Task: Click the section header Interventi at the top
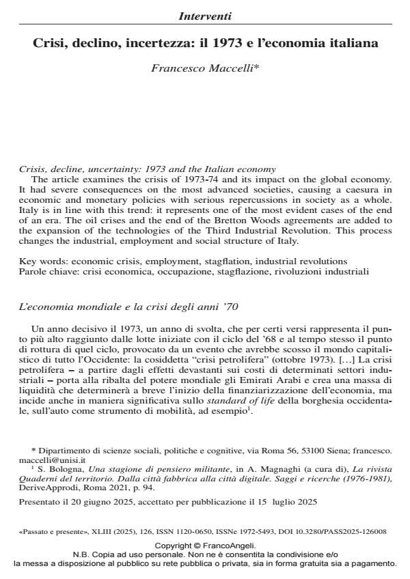coord(205,15)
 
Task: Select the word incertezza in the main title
coord(155,43)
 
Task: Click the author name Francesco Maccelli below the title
coord(205,69)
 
